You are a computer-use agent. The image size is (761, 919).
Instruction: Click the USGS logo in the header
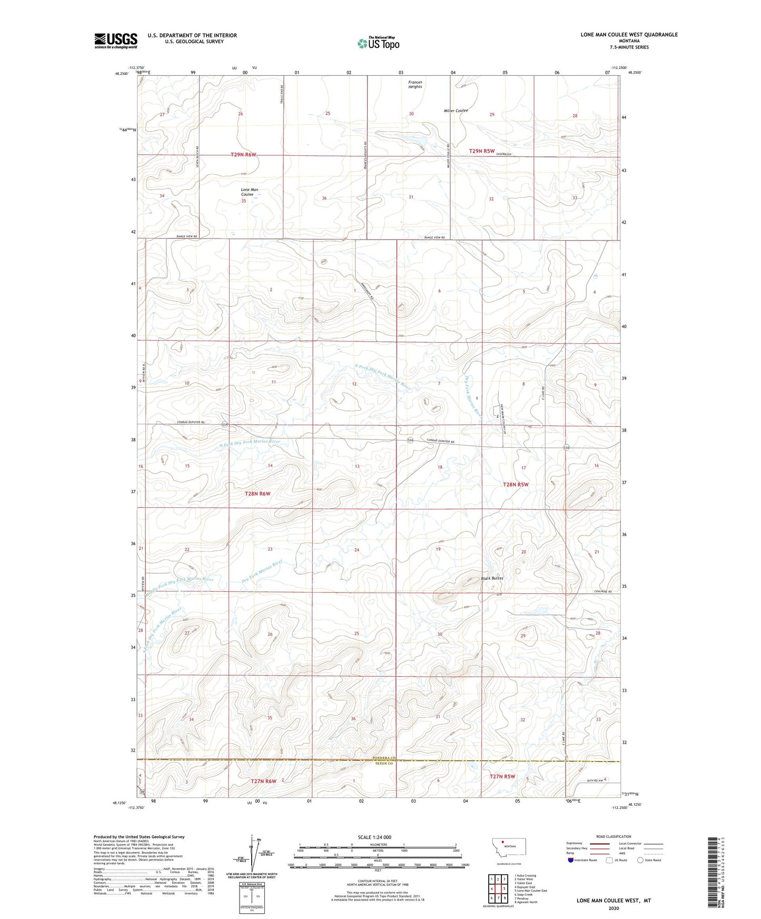(x=115, y=41)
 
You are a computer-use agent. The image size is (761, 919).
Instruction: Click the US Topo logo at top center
(x=378, y=43)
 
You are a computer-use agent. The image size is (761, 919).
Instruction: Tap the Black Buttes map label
(x=492, y=578)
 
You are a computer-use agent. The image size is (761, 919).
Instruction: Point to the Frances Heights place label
(x=415, y=84)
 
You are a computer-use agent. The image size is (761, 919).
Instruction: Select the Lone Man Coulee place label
(x=250, y=192)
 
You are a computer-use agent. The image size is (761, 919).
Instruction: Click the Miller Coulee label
(x=456, y=111)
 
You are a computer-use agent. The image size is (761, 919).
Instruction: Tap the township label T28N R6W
(x=258, y=494)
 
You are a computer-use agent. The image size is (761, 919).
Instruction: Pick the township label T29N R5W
(x=482, y=151)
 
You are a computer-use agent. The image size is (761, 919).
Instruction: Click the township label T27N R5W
(x=502, y=776)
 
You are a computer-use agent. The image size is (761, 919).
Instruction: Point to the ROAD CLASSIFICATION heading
(x=614, y=836)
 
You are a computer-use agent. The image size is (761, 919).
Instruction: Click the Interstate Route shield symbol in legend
(x=571, y=860)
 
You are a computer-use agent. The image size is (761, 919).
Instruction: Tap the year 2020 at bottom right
(x=614, y=908)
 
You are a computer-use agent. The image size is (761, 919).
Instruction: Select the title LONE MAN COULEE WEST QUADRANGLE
(x=629, y=35)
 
